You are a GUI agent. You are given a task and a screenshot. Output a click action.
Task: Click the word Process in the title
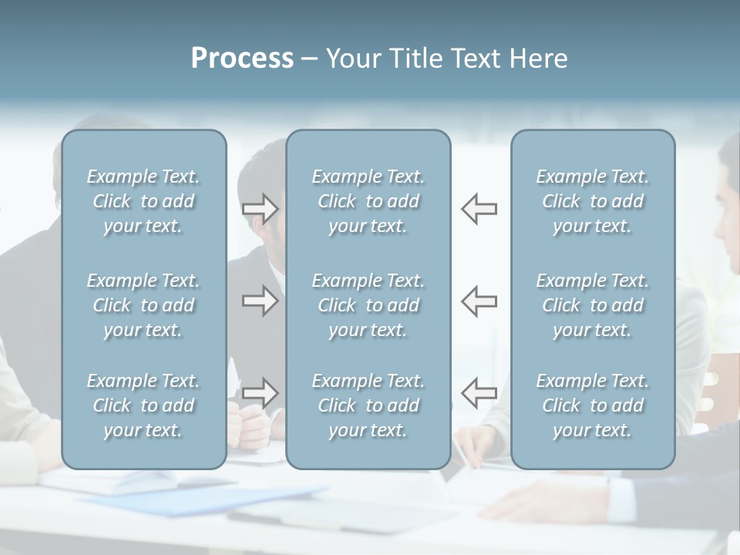click(242, 59)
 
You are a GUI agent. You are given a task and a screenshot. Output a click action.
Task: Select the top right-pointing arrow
click(261, 209)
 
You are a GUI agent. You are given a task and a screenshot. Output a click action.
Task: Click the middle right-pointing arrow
click(261, 301)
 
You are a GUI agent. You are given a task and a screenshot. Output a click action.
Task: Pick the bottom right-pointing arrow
click(261, 393)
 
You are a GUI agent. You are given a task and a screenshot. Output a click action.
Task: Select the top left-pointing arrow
click(479, 209)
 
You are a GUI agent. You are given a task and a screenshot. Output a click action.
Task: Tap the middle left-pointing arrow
click(479, 301)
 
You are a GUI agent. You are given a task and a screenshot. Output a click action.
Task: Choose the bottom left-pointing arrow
click(479, 393)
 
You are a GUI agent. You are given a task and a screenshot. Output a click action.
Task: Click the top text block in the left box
click(143, 201)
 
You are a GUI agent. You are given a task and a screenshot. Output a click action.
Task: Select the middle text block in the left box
click(143, 305)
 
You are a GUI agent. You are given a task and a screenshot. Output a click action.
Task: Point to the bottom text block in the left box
click(143, 405)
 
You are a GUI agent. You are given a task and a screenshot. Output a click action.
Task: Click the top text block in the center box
click(368, 201)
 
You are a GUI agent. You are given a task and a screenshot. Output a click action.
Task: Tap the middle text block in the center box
click(368, 305)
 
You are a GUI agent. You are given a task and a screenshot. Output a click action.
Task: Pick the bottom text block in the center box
click(368, 405)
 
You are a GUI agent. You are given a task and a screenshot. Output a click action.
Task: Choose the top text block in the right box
click(593, 201)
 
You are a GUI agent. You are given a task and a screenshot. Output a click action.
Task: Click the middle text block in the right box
click(593, 305)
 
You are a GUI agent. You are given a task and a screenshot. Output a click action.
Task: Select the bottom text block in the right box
click(593, 405)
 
